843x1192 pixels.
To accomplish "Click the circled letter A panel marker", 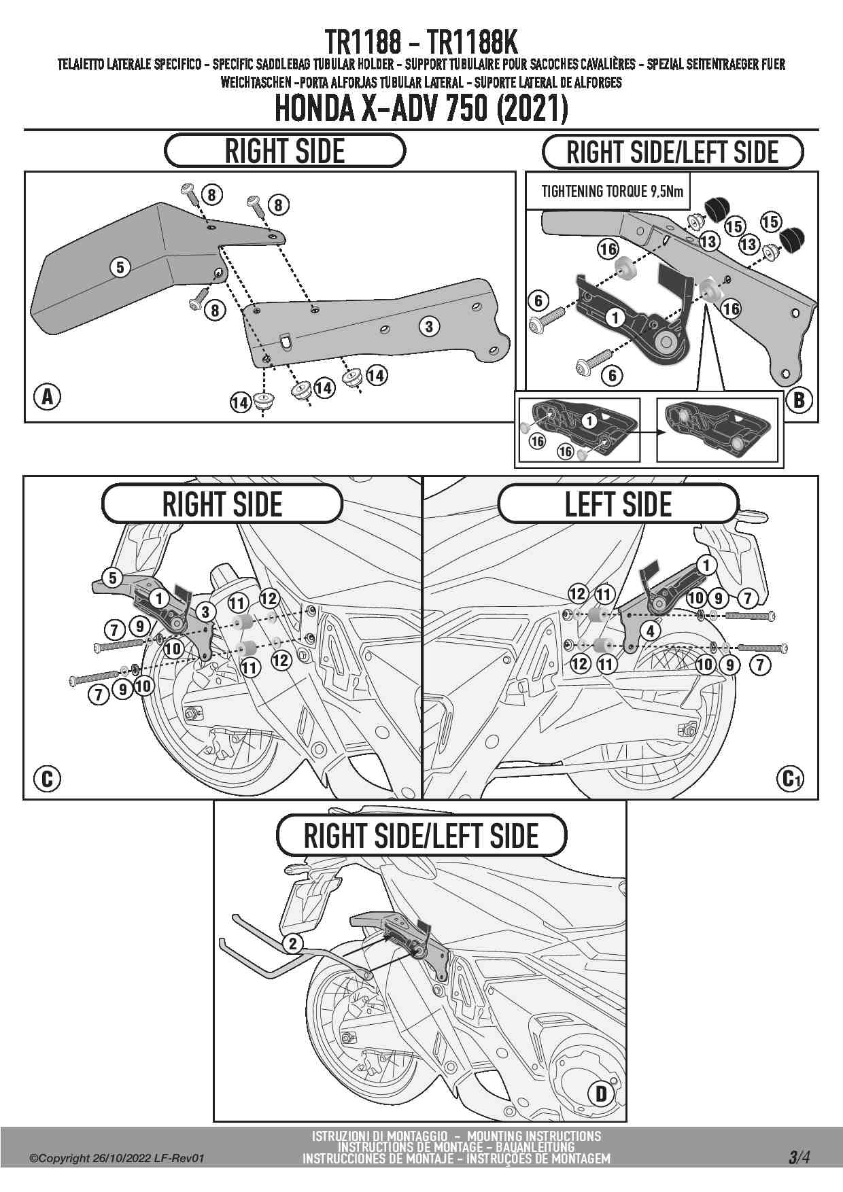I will (x=48, y=397).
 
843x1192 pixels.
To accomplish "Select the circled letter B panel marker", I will (x=799, y=399).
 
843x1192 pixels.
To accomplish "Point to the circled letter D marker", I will (x=601, y=1093).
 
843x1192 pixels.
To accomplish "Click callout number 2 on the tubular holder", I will (x=293, y=943).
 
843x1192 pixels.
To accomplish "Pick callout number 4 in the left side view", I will (x=651, y=631).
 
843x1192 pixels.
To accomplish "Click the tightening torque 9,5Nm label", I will (x=612, y=192).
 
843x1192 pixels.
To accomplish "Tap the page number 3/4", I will (x=799, y=1157).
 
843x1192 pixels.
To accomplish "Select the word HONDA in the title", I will (x=313, y=109).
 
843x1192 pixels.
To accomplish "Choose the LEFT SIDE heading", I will (x=618, y=504).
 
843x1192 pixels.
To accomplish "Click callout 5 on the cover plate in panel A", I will (x=120, y=267).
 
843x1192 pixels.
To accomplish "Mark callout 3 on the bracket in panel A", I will (x=428, y=327).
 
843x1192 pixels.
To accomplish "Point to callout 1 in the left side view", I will (x=706, y=565).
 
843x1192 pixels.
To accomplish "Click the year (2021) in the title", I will (x=533, y=109).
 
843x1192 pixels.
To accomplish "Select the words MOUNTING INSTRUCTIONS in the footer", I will (x=534, y=1136).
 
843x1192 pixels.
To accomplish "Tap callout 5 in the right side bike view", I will (x=113, y=578).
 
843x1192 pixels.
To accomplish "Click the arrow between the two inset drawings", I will (x=648, y=431).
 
